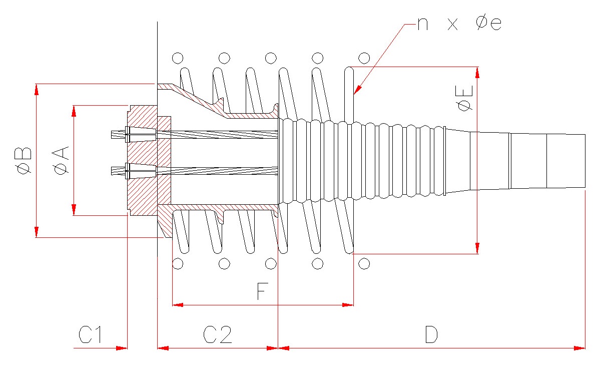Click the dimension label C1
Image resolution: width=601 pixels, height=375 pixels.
pos(90,334)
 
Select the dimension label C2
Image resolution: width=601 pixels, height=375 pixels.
pos(217,334)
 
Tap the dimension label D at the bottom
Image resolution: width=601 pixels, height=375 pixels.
pos(431,334)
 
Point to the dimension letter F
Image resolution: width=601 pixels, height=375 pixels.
pos(262,291)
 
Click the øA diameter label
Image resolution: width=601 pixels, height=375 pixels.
pos(61,161)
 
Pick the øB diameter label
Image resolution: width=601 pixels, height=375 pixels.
pos(24,161)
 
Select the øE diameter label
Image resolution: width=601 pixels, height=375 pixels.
pos(465,98)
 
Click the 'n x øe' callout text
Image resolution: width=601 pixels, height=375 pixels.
pos(459,24)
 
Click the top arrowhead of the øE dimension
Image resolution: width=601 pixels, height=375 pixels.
pos(477,73)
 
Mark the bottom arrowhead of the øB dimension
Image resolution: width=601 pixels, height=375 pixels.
pos(37,232)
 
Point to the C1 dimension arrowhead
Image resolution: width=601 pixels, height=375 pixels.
pos(122,348)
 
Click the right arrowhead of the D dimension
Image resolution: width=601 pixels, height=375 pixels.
pos(579,348)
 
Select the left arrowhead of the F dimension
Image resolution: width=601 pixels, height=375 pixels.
pos(178,305)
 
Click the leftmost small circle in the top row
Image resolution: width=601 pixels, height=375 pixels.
pos(178,58)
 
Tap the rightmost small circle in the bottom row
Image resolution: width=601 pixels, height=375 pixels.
pos(364,263)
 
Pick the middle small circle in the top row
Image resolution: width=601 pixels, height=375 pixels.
pos(271,58)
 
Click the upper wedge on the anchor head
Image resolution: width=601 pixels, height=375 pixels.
pos(141,134)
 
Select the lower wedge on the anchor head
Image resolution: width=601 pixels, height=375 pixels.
pos(141,171)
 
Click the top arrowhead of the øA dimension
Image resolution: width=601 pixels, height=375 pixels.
pos(74,111)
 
